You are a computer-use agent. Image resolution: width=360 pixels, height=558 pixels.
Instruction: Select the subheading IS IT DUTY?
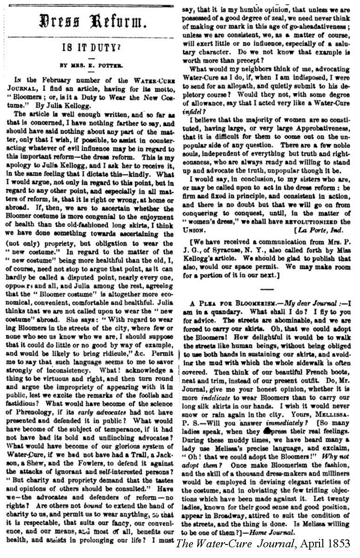pyautogui.click(x=89, y=46)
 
